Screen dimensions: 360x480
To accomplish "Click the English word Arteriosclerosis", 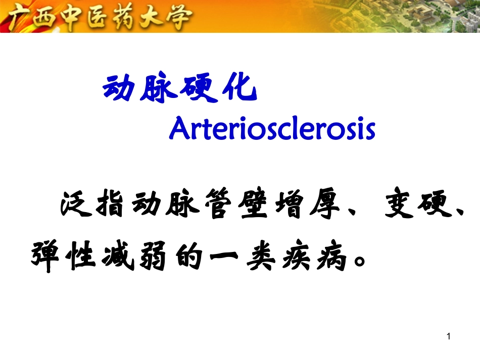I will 272,129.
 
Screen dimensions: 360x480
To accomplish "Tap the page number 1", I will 449,337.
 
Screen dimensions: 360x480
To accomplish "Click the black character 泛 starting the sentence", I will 75,207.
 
